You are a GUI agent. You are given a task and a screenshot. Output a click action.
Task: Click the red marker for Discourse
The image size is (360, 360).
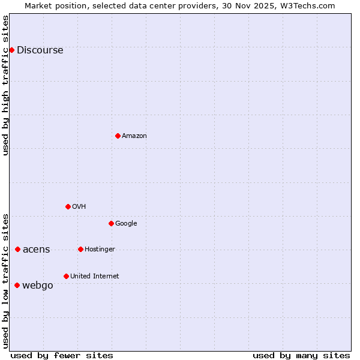tap(11, 50)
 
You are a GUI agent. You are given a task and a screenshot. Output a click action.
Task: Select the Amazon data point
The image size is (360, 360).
tap(118, 136)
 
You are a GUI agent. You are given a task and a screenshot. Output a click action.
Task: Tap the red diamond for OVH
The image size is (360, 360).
tap(68, 206)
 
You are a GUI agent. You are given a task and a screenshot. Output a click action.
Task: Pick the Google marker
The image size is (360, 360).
tap(111, 223)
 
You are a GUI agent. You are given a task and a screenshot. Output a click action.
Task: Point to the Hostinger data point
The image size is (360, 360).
tap(80, 249)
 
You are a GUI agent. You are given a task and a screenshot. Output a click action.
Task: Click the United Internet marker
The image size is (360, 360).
tap(66, 276)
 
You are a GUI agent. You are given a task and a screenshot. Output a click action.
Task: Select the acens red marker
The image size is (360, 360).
tap(17, 249)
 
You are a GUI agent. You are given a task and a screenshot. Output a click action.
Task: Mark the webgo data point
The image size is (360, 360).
tap(17, 285)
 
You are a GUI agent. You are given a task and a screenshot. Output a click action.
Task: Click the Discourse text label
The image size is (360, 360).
tap(40, 50)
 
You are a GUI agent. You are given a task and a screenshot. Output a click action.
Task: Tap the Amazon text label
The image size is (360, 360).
tap(134, 136)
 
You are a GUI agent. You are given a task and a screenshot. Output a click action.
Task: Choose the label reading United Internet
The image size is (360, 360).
tap(95, 277)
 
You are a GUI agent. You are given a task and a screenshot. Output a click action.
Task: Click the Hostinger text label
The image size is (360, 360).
tap(100, 250)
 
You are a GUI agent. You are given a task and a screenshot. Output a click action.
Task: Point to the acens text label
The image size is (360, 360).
tap(37, 250)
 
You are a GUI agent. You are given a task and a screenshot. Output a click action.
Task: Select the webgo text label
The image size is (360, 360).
tap(38, 286)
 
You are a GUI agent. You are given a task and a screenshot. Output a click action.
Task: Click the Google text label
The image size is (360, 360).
tap(126, 224)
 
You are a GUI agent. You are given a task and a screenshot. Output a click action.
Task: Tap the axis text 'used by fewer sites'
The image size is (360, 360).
tap(62, 356)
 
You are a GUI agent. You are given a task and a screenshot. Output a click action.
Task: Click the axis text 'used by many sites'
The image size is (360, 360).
tap(301, 356)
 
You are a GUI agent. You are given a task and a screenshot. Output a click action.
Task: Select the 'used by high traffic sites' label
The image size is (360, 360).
tap(6, 85)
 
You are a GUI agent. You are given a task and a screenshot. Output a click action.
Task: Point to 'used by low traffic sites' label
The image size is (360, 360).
tap(6, 281)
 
